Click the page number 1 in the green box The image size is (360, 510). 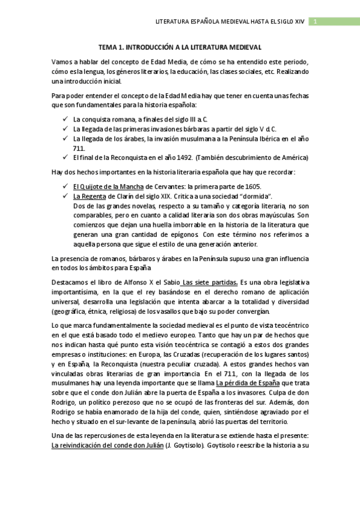316,22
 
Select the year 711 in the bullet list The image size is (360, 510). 78,148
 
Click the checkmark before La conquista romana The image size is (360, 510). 64,119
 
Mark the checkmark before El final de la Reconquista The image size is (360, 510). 64,158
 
